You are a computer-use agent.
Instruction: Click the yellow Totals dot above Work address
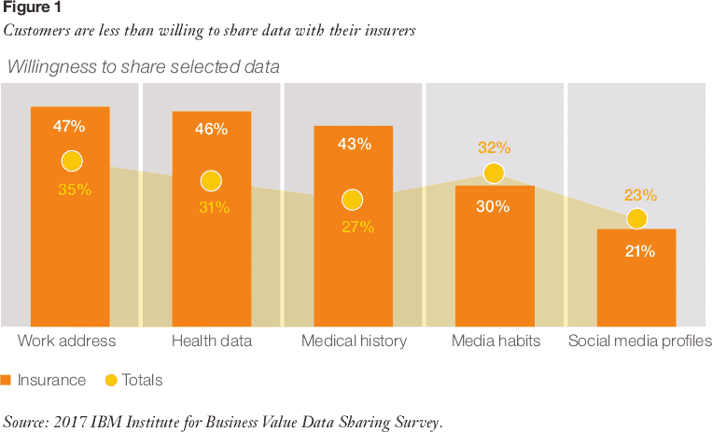click(x=73, y=161)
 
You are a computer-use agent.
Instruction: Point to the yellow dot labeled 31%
click(x=211, y=181)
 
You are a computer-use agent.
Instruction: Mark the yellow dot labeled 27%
click(x=352, y=200)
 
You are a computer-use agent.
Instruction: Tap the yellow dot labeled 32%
click(x=494, y=173)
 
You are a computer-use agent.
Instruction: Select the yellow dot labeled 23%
click(x=636, y=219)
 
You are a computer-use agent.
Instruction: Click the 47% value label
click(x=70, y=125)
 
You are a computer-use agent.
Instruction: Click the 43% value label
click(x=354, y=144)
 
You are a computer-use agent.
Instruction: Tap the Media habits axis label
click(x=496, y=341)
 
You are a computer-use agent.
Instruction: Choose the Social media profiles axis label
click(x=639, y=341)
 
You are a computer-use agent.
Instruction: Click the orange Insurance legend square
click(x=7, y=380)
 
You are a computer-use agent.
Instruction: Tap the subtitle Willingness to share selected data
click(x=143, y=67)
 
